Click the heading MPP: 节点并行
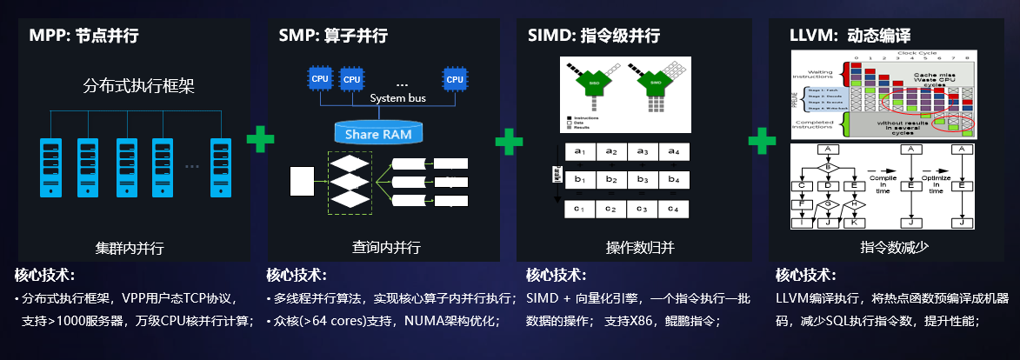83,36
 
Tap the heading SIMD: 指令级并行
594,36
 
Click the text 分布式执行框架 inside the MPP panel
138,86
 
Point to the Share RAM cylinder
380,133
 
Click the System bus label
398,98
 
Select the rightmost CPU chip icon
454,79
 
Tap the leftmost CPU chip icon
320,78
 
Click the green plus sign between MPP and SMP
260,140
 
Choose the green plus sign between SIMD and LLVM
762,140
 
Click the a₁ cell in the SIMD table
580,151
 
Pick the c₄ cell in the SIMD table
672,209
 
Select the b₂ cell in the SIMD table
610,180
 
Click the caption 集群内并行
130,248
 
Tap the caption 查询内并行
386,248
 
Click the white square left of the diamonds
301,180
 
